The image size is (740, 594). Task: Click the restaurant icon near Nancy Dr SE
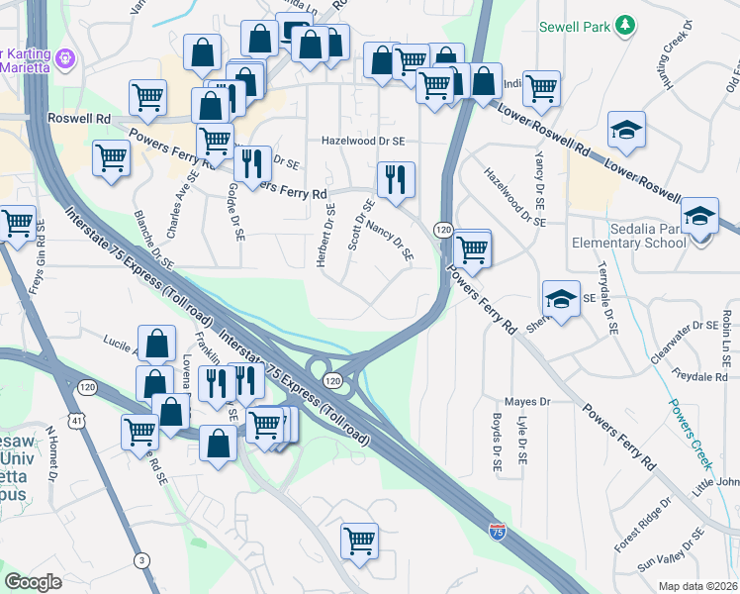(396, 180)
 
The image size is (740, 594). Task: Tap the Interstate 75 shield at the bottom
(497, 533)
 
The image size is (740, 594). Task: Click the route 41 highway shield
(77, 421)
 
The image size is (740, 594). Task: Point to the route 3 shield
(144, 561)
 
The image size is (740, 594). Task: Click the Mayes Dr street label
(526, 402)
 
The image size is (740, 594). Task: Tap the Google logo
(33, 581)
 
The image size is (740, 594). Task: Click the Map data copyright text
(697, 586)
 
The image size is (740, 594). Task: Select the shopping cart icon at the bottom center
(359, 541)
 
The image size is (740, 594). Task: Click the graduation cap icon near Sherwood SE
(561, 298)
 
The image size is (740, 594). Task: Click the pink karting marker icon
(66, 56)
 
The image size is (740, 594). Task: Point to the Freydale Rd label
(699, 377)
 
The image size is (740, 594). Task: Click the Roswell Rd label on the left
(78, 118)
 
